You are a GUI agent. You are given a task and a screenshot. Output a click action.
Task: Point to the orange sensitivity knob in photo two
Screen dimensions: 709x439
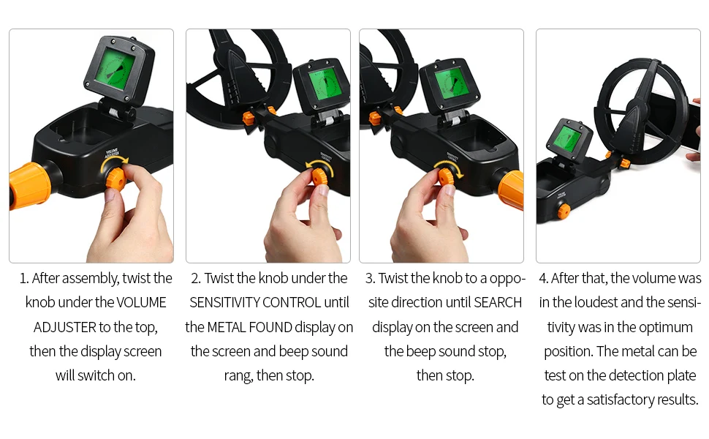click(320, 176)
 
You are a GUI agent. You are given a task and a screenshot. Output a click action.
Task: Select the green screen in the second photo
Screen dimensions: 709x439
click(325, 84)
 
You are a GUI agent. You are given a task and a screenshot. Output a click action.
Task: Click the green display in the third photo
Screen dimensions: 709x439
click(451, 83)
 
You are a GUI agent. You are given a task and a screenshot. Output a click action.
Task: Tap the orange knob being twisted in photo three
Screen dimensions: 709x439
click(447, 176)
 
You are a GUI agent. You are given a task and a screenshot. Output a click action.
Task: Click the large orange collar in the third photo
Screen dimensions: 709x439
click(511, 190)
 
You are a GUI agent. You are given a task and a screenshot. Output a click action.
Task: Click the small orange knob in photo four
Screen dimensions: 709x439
click(564, 211)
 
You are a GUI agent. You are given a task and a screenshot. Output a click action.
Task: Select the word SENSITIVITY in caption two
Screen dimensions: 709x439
click(224, 302)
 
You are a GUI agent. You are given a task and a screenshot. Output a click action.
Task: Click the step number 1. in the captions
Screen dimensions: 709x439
click(24, 278)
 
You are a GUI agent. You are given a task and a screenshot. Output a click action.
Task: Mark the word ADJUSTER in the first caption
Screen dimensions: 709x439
click(64, 327)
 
